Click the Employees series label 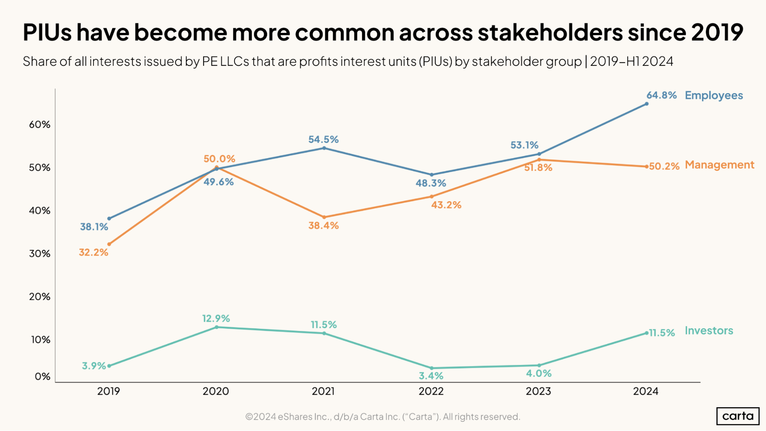pyautogui.click(x=714, y=95)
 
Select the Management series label pyautogui.click(x=719, y=165)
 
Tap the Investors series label pyautogui.click(x=709, y=331)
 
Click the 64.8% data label pyautogui.click(x=661, y=95)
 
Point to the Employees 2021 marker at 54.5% pyautogui.click(x=324, y=148)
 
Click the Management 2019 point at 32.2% pyautogui.click(x=109, y=244)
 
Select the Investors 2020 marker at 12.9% pyautogui.click(x=217, y=327)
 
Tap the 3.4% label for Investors pyautogui.click(x=431, y=376)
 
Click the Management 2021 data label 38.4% pyautogui.click(x=323, y=226)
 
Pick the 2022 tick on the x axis pyautogui.click(x=431, y=391)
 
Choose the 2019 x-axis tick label pyautogui.click(x=108, y=391)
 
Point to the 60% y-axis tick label pyautogui.click(x=39, y=125)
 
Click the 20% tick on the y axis pyautogui.click(x=39, y=297)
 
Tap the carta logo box pyautogui.click(x=738, y=416)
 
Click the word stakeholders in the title pyautogui.click(x=550, y=32)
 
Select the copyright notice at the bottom pyautogui.click(x=382, y=416)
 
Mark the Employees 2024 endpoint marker pyautogui.click(x=647, y=104)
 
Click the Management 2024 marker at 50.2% pyautogui.click(x=647, y=167)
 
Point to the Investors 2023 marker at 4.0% pyautogui.click(x=539, y=365)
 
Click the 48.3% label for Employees pyautogui.click(x=431, y=183)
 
